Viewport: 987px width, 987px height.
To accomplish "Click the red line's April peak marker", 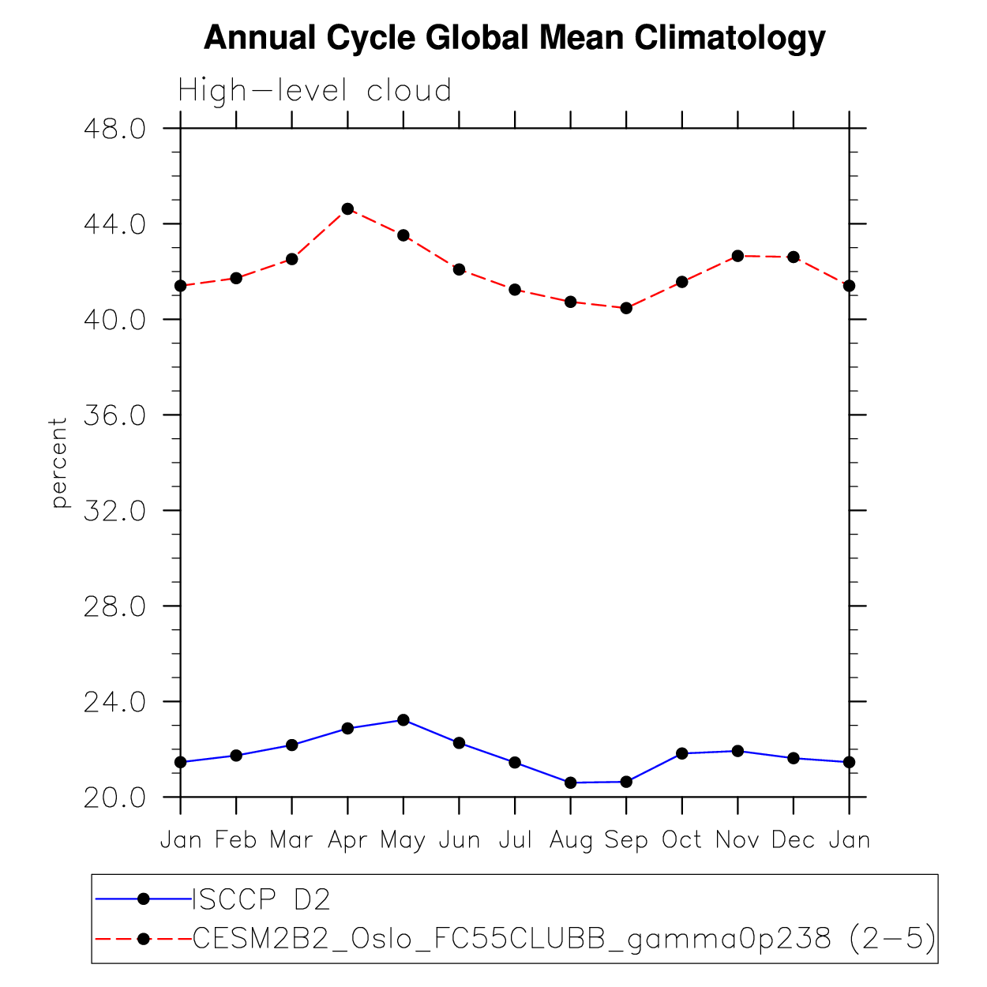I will pos(347,209).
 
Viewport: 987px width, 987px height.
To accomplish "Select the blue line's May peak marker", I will pos(403,720).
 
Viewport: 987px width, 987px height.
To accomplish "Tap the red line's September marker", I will pos(626,308).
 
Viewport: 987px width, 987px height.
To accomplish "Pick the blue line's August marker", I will pos(570,782).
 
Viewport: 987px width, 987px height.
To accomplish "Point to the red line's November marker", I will pos(737,256).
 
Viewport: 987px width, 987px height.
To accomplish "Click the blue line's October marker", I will pos(681,753).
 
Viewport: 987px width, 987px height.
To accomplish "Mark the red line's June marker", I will pos(459,269).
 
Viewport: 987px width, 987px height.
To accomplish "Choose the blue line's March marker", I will pos(292,745).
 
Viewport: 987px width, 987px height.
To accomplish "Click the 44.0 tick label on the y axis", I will pos(114,224).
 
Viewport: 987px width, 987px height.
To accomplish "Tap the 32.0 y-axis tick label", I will pos(114,511).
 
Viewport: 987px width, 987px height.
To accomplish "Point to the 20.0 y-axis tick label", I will pos(114,797).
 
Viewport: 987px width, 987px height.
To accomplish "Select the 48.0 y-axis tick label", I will pos(114,129).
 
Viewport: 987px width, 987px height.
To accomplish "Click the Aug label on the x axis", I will pos(571,840).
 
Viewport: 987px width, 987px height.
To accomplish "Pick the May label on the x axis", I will pos(403,840).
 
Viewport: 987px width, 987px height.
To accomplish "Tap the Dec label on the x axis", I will pos(793,839).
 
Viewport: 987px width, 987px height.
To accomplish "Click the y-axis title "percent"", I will pos(59,463).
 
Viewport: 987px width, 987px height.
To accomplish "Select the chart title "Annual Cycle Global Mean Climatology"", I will pos(514,37).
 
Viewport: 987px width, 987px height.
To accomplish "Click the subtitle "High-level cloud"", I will pos(314,91).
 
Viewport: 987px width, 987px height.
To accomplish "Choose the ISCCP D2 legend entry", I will pos(261,899).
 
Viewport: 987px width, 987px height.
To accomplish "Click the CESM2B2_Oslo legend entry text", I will pos(564,938).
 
